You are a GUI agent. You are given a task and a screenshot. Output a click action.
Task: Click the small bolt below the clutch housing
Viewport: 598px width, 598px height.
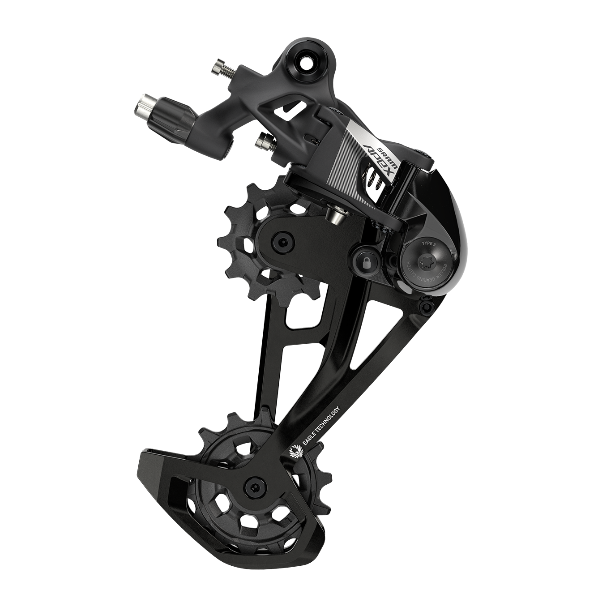pyautogui.click(x=426, y=306)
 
